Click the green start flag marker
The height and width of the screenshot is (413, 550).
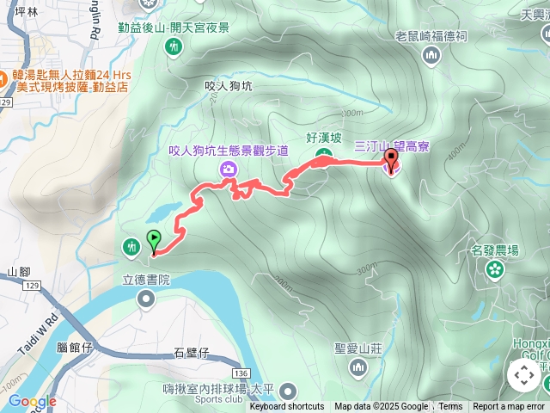pos(154,239)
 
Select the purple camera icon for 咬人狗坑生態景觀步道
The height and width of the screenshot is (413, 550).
pos(229,168)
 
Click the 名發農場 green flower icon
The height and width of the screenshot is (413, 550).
pos(495,270)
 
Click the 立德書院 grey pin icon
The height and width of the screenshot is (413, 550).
pos(145,299)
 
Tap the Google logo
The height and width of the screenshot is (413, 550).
pos(32,401)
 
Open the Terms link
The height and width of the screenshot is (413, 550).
pos(450,407)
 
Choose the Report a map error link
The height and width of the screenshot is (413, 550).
pos(509,407)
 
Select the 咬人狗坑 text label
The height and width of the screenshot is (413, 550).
pos(229,86)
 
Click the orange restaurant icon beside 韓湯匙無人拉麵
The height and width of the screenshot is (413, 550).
pos(5,75)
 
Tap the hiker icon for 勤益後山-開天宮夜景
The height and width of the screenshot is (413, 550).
pos(174,47)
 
